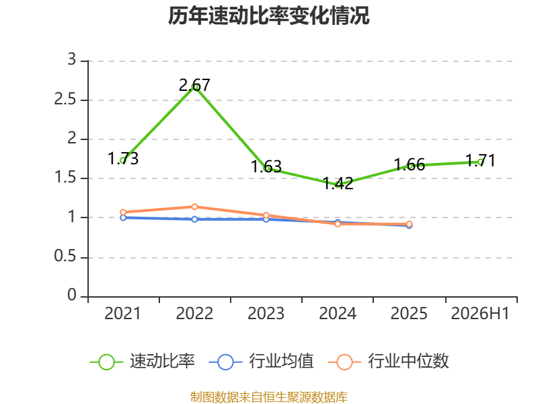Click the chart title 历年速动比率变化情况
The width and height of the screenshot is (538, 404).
pos(268,15)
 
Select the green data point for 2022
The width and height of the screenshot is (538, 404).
pos(194,87)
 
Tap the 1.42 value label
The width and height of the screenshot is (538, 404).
pos(338,183)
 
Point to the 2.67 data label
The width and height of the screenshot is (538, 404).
pos(194,86)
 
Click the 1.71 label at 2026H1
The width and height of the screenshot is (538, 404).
pos(480,161)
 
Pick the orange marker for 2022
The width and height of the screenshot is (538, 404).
pos(194,207)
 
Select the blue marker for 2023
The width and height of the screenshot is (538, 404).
pos(266,219)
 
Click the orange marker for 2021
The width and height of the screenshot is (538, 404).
pos(123,212)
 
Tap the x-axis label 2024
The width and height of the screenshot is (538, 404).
pos(338,314)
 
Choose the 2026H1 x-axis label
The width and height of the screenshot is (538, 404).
pos(480,314)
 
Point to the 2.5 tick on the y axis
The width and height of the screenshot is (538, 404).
pos(65,100)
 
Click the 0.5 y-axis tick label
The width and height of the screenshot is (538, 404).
pos(65,257)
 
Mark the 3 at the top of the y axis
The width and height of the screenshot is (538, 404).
pos(72,60)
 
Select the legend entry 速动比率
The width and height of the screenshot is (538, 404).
pos(143,362)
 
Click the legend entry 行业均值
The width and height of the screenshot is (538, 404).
pos(262,362)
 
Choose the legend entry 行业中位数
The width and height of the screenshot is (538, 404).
pos(389,362)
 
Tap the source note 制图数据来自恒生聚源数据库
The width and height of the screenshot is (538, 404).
pos(269,397)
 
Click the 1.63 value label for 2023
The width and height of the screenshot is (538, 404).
pos(266,167)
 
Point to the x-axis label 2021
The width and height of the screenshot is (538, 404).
pos(122,314)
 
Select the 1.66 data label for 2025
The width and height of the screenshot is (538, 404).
pos(410,165)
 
